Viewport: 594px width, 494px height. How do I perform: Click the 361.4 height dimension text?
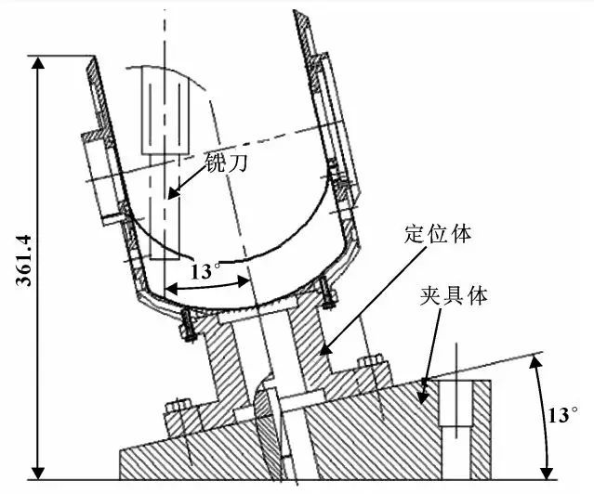pyautogui.click(x=22, y=261)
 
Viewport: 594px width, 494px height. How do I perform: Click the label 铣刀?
pyautogui.click(x=226, y=162)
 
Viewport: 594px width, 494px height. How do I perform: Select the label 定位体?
pyautogui.click(x=438, y=234)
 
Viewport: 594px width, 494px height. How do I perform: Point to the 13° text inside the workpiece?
pyautogui.click(x=205, y=271)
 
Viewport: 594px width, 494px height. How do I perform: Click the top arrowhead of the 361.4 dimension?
pyautogui.click(x=38, y=62)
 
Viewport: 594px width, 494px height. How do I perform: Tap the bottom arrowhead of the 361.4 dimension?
pyautogui.click(x=38, y=474)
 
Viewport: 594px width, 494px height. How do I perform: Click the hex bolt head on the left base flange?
pyautogui.click(x=178, y=406)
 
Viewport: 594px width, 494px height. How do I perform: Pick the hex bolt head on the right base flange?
pyautogui.click(x=370, y=361)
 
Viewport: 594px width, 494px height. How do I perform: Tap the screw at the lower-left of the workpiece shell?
pyautogui.click(x=188, y=325)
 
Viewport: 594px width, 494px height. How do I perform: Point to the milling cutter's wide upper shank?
pyautogui.click(x=165, y=110)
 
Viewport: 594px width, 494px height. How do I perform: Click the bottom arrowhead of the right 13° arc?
pyautogui.click(x=546, y=474)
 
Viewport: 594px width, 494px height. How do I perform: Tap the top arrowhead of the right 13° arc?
pyautogui.click(x=535, y=361)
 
